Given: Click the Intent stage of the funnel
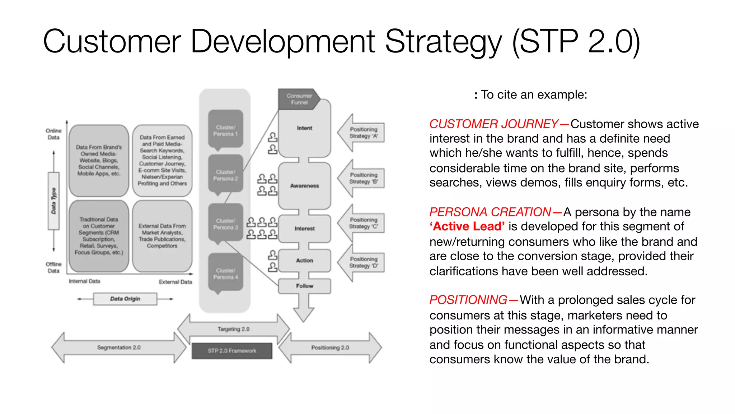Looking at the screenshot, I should coord(304,132).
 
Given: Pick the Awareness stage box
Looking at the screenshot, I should coord(304,185).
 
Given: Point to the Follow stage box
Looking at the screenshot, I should coord(304,286).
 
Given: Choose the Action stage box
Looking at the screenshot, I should coord(304,261).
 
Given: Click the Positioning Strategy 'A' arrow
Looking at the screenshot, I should coord(362,133).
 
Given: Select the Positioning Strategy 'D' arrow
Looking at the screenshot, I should coord(362,263).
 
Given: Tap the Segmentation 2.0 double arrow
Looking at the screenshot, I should coord(119,348).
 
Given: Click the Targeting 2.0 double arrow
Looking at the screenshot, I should coord(233,329).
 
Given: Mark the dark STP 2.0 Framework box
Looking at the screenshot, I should coord(232,351).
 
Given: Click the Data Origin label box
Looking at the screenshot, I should coord(125,299).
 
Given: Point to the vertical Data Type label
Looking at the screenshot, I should coord(53,201).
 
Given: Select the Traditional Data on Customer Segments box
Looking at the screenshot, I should coord(99,236).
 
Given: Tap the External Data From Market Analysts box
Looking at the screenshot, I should coord(162,236).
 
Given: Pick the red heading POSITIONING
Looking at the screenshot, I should coord(468,300).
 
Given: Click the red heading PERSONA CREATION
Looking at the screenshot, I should coord(490,212).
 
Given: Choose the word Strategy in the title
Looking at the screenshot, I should coord(443,42).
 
